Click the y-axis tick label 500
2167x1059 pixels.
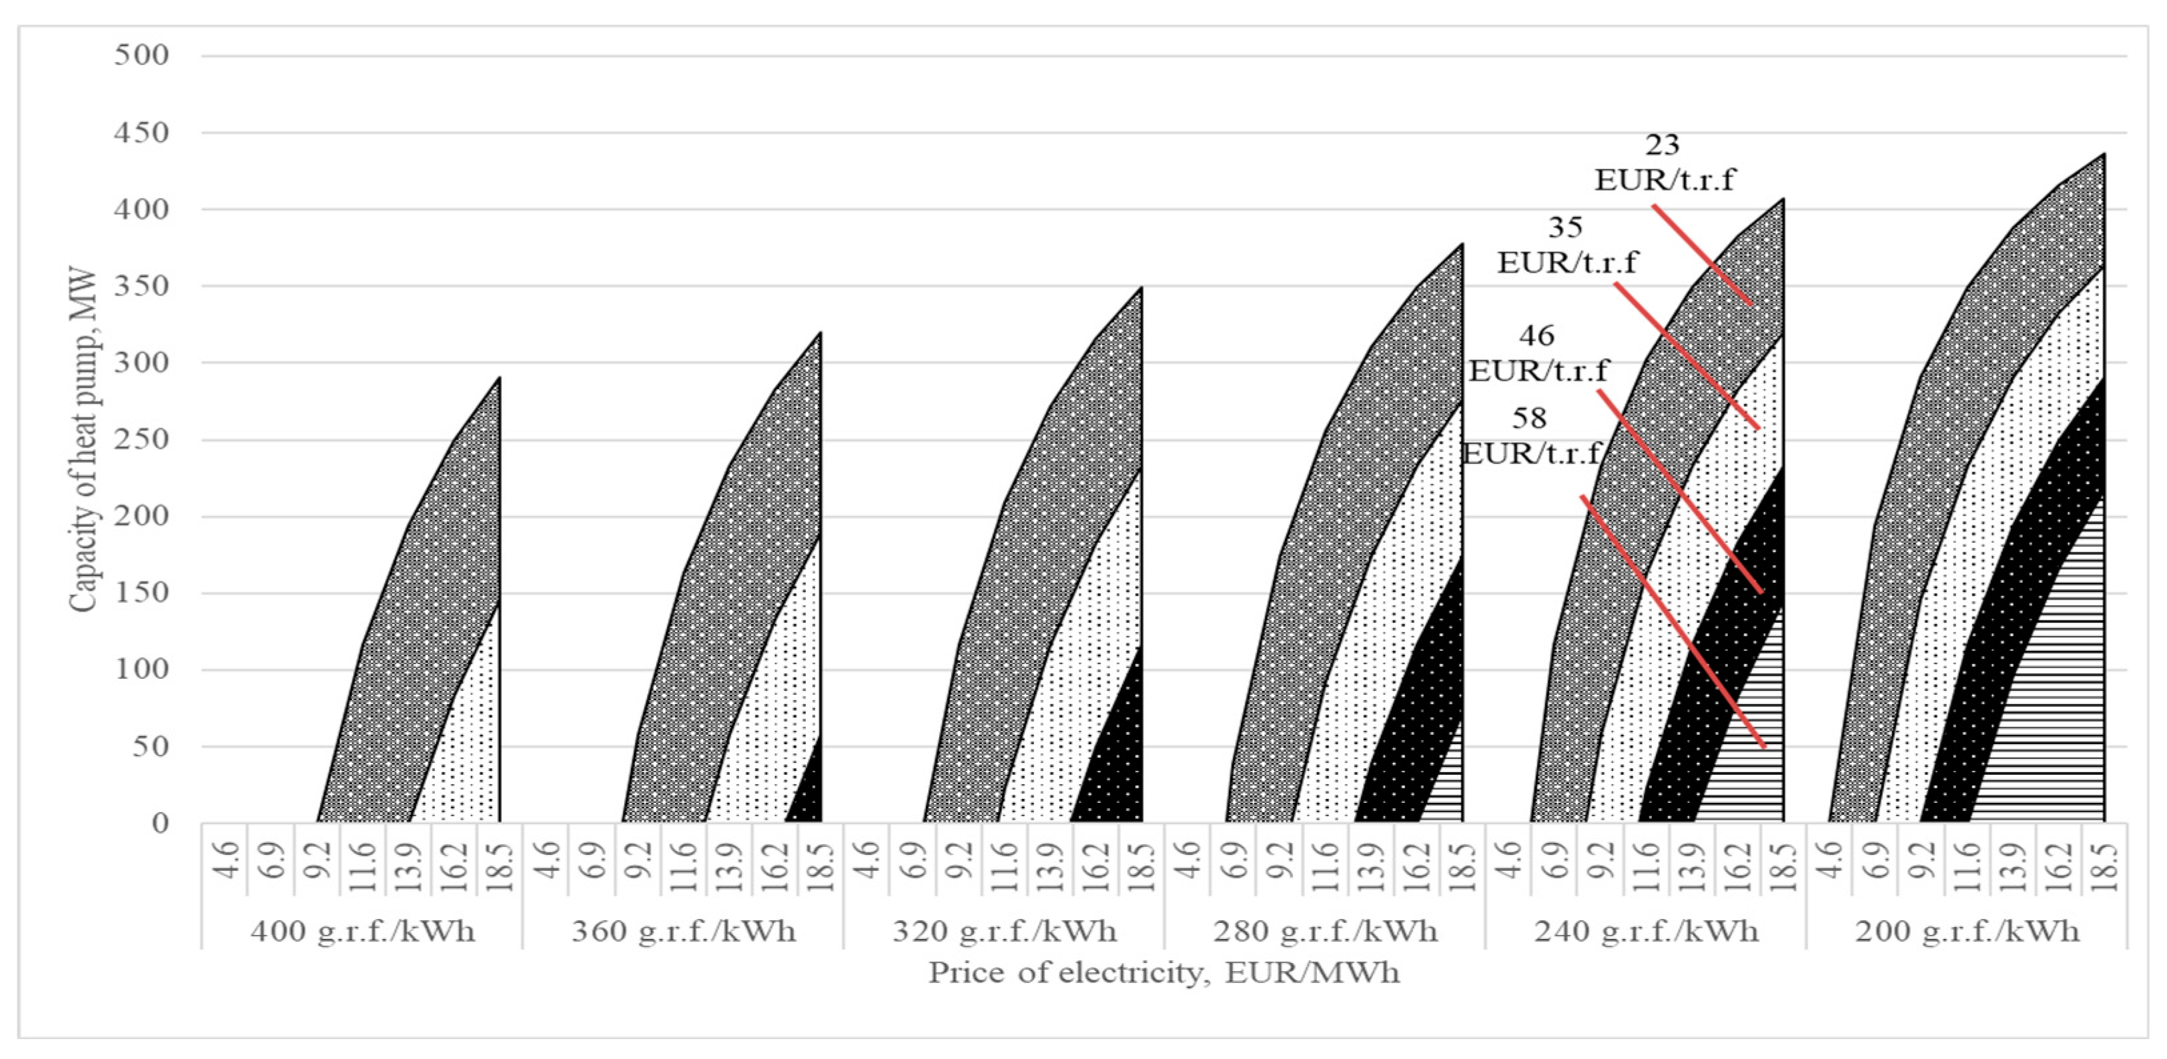click(141, 55)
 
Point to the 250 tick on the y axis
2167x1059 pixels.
click(141, 439)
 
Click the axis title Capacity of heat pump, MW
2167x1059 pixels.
click(83, 441)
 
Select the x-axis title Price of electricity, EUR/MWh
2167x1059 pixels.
click(1164, 972)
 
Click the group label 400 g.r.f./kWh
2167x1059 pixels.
click(362, 931)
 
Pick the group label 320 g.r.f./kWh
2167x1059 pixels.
click(1004, 931)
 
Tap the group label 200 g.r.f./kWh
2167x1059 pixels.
click(1967, 931)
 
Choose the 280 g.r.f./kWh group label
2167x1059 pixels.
click(1325, 931)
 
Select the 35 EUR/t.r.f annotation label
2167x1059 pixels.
click(1567, 245)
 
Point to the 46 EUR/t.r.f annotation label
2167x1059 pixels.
click(1538, 353)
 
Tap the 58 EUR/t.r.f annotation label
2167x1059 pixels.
click(1531, 435)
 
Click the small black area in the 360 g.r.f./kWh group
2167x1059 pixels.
click(810, 795)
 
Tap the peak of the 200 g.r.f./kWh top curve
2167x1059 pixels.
click(2104, 155)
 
